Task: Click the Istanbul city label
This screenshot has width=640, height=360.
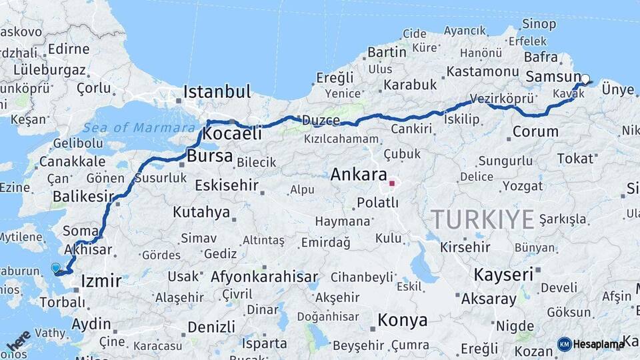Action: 217,91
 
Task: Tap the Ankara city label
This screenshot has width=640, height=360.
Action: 359,175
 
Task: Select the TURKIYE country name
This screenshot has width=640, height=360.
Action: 482,219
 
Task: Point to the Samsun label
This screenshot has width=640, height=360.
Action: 553,77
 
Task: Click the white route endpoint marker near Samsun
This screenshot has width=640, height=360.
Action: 585,79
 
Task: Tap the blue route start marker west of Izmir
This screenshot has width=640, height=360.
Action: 55,268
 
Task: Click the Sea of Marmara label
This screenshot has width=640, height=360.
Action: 130,127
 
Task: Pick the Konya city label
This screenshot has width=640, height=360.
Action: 403,321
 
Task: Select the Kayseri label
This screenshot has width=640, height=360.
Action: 503,274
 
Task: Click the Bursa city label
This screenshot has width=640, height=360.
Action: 211,157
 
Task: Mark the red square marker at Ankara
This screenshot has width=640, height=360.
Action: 393,182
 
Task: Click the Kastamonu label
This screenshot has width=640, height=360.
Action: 483,71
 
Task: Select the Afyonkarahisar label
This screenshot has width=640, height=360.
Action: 264,276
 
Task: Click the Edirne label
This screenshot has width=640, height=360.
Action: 68,49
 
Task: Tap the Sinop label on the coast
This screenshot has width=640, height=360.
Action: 539,25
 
